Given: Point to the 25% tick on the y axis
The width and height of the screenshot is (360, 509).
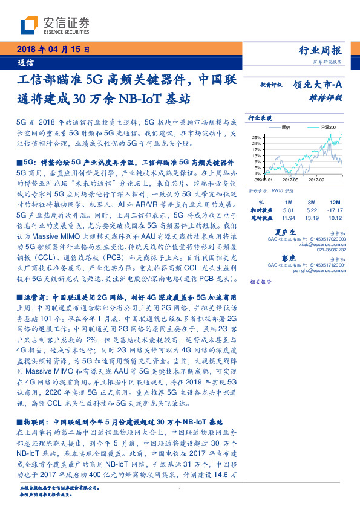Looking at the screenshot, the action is tap(257, 137).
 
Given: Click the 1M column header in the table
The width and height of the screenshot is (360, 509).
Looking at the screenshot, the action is tap(289, 201).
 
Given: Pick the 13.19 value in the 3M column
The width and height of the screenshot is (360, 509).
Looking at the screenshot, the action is tap(310, 218).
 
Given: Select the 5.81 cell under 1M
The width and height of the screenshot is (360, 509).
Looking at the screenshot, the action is tap(289, 210).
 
